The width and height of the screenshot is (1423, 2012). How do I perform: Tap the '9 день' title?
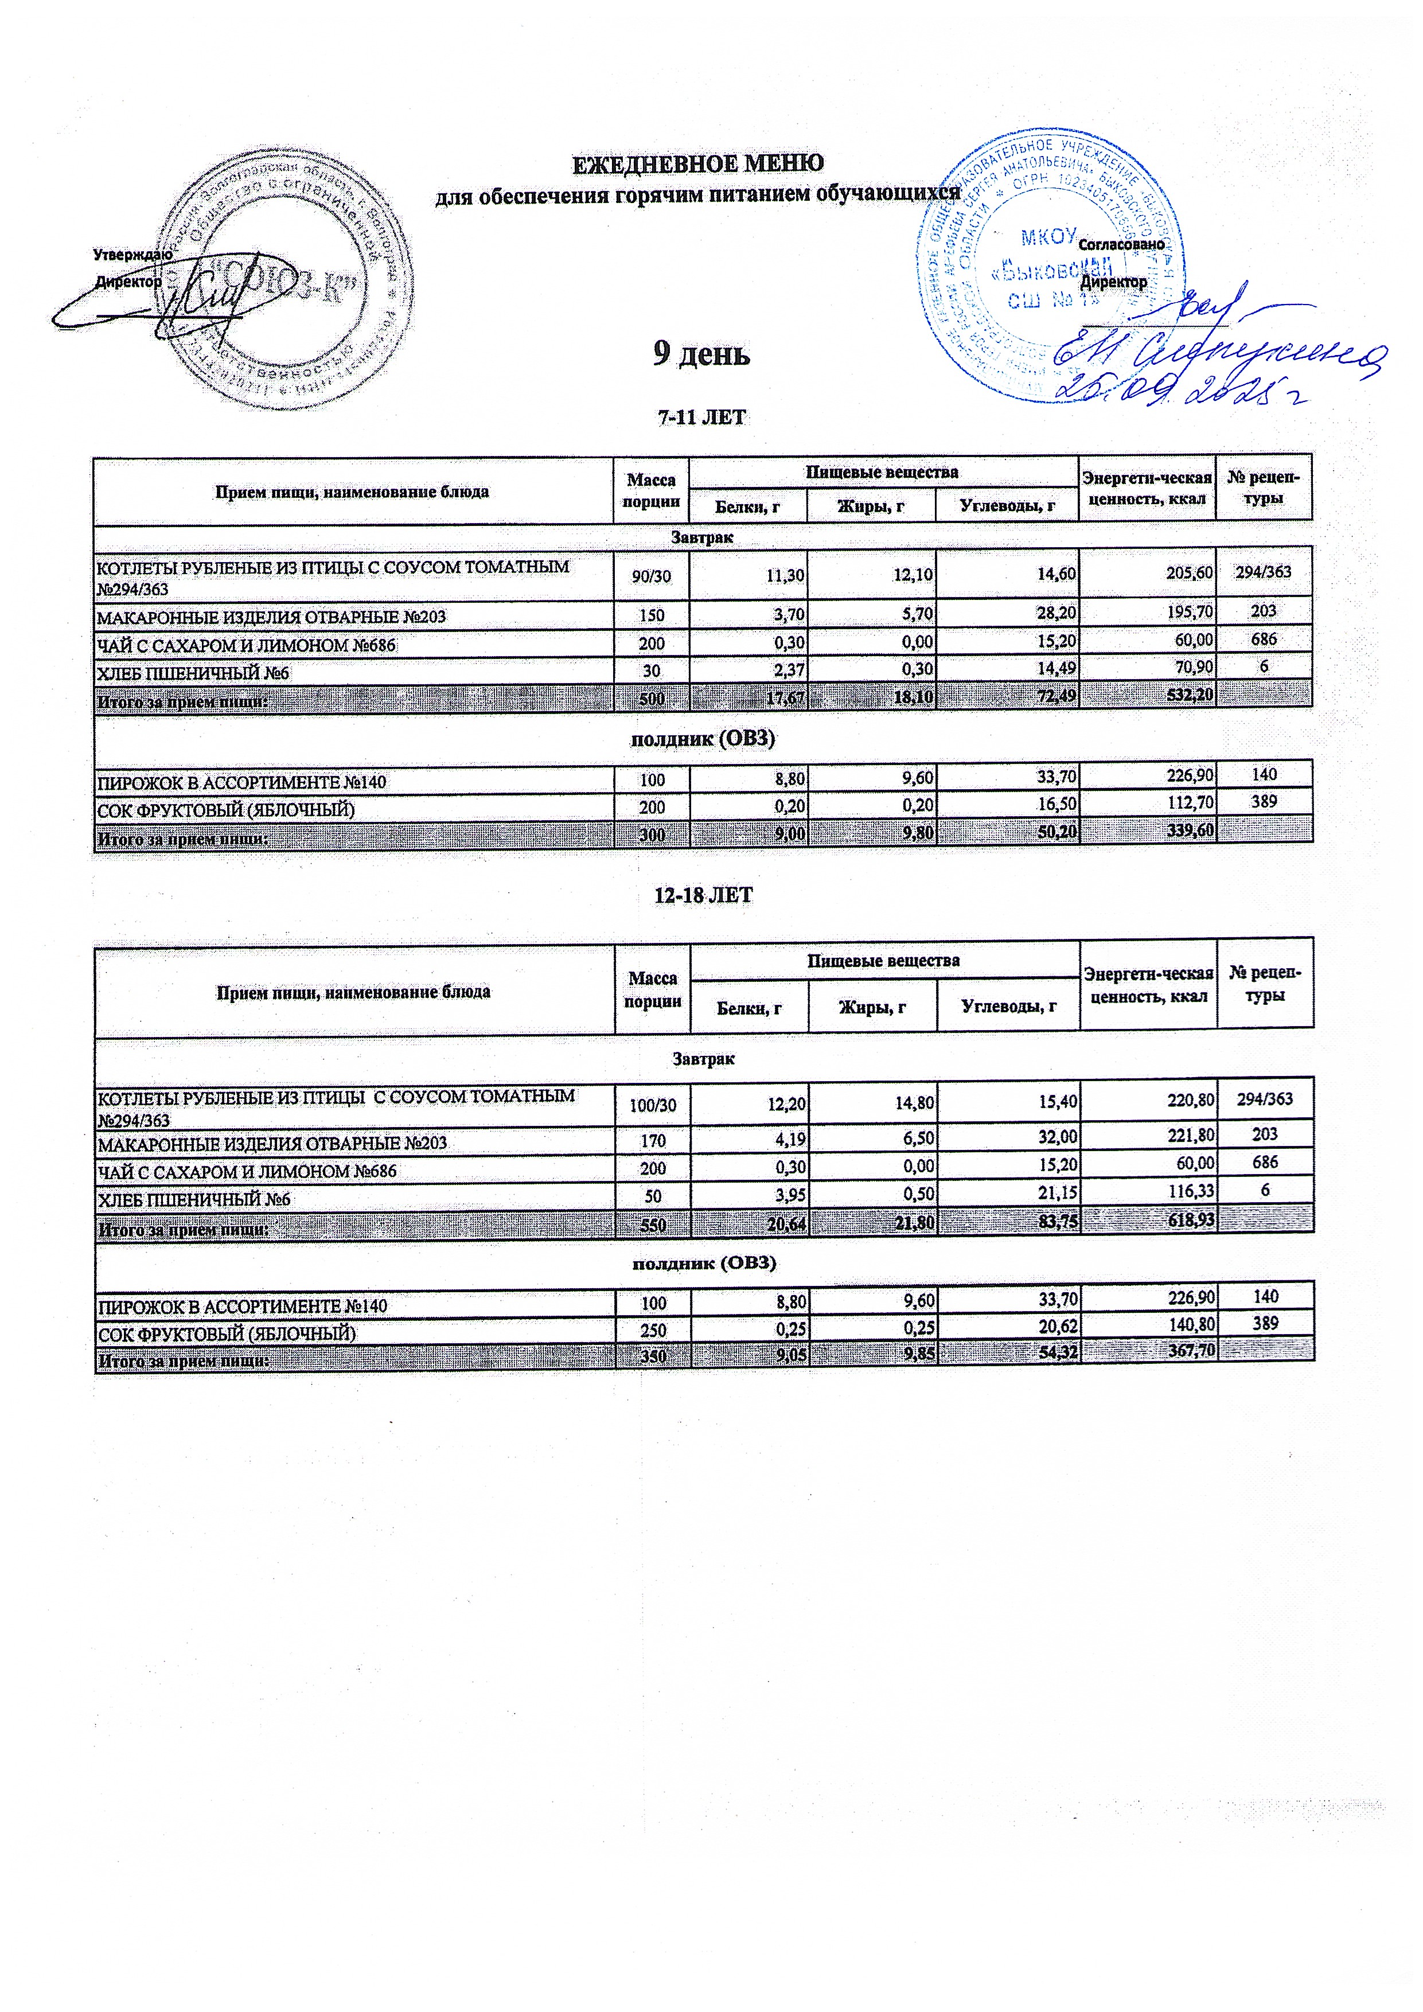pos(702,353)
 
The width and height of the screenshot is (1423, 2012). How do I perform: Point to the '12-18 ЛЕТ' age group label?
pos(704,895)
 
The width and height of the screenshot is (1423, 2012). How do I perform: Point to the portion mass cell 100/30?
pos(653,1105)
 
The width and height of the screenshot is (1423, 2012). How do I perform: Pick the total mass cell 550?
pos(653,1222)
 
